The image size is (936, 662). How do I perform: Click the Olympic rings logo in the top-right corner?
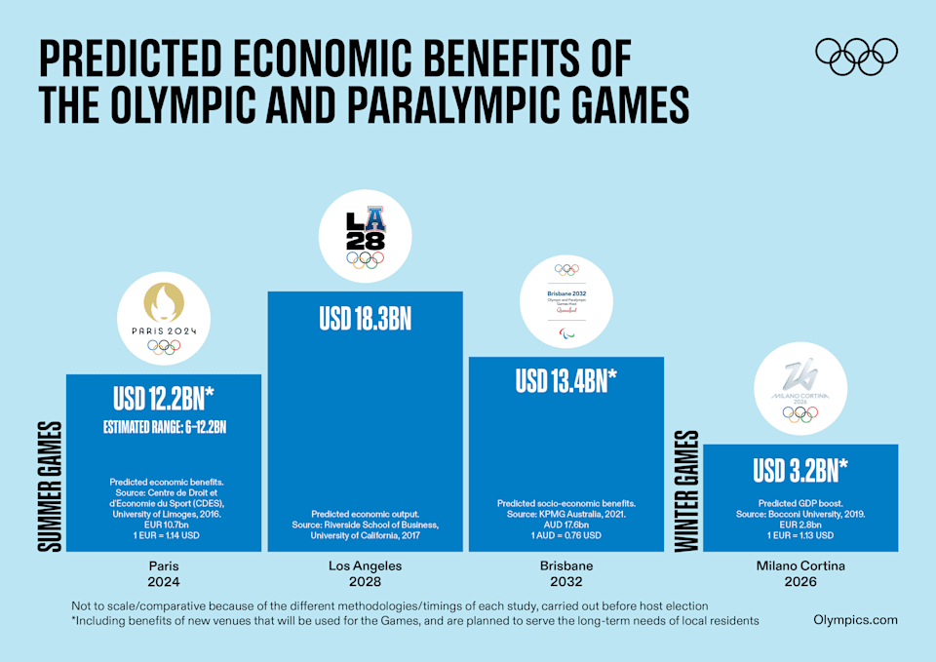click(856, 56)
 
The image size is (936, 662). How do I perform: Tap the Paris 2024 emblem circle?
click(163, 317)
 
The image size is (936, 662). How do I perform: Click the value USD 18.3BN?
click(365, 319)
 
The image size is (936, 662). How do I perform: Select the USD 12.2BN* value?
click(163, 400)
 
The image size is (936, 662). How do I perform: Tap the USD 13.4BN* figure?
click(566, 381)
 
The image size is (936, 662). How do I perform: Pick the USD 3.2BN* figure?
click(799, 470)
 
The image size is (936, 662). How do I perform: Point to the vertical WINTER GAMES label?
click(687, 490)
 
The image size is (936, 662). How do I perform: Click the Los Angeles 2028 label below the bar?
click(365, 573)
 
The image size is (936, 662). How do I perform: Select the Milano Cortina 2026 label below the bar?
click(799, 573)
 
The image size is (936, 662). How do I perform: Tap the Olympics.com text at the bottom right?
click(855, 620)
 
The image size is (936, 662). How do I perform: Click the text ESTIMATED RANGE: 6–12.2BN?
click(163, 426)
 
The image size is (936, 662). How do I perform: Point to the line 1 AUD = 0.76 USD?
click(566, 535)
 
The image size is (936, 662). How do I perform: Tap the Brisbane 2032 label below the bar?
click(566, 573)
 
